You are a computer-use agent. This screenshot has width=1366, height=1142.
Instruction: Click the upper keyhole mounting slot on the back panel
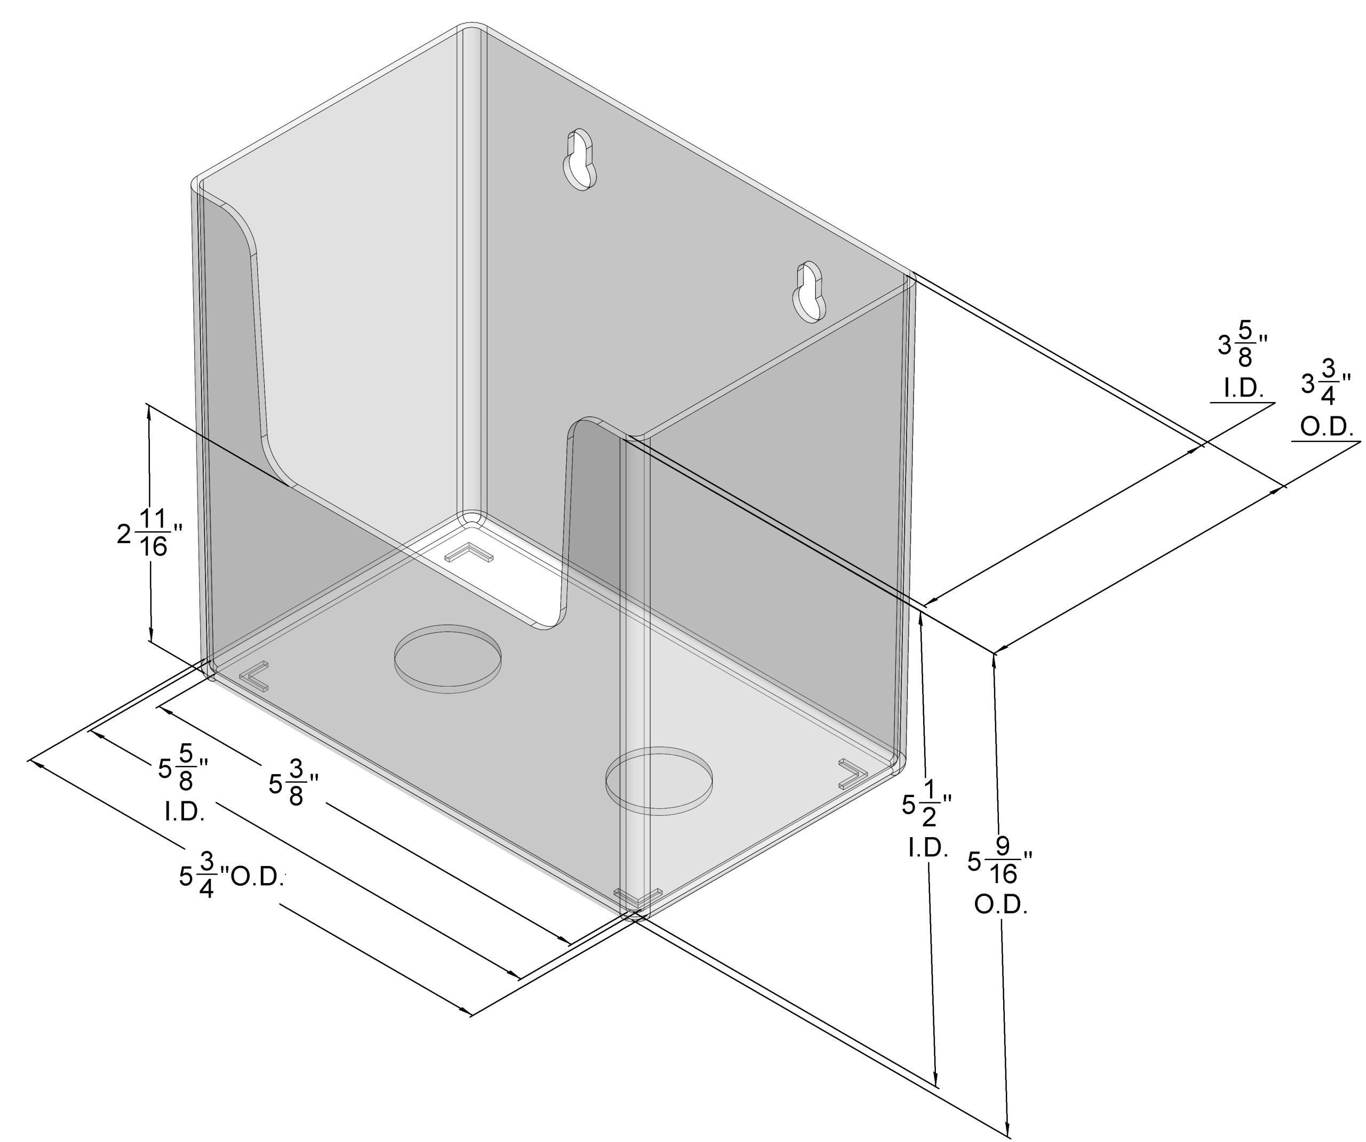(x=578, y=160)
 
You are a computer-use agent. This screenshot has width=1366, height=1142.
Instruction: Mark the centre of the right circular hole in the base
(x=659, y=781)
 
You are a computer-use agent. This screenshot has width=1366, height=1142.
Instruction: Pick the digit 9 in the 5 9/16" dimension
(x=1003, y=846)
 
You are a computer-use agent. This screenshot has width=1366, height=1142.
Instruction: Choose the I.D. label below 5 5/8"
(x=185, y=812)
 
